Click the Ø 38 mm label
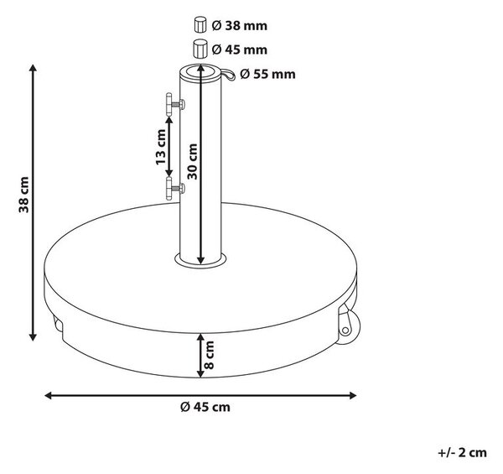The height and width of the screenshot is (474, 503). tap(239, 26)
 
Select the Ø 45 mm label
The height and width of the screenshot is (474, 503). tap(239, 49)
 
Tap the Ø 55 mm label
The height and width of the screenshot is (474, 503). tap(267, 74)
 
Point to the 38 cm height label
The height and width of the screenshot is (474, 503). tap(23, 195)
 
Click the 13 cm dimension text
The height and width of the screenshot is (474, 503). tap(160, 147)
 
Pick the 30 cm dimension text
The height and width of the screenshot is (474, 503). tap(192, 161)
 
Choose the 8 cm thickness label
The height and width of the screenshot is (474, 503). tap(209, 355)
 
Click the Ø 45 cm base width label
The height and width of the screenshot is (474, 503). tap(205, 407)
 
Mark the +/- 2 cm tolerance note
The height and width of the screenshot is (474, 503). tap(462, 453)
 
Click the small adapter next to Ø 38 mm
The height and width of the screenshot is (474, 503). tap(200, 25)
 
